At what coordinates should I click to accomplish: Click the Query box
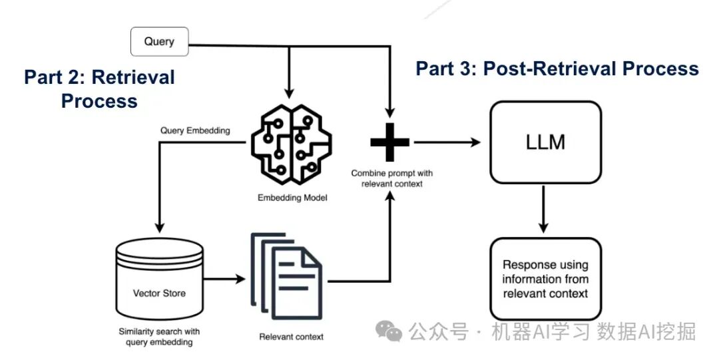point(159,41)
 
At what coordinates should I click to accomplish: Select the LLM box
point(545,142)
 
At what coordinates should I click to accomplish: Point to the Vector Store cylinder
point(160,279)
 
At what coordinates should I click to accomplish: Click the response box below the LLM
point(545,279)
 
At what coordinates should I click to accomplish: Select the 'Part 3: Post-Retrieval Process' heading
point(557,69)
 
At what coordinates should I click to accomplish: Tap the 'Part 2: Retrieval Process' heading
point(99,89)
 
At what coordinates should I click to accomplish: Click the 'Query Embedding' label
point(195,130)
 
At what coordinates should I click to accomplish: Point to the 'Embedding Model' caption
point(292,198)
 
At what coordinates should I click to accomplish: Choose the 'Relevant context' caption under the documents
point(291,337)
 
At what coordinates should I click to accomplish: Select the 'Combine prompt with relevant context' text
point(387,178)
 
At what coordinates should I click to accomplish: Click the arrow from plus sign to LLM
point(446,142)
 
